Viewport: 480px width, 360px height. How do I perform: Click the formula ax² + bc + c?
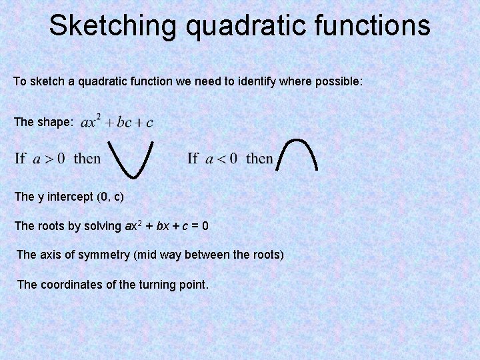[x=117, y=121]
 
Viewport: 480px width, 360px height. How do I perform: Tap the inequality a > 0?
[x=49, y=159]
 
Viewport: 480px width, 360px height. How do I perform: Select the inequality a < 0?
[x=221, y=159]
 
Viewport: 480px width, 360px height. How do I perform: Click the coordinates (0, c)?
[x=110, y=197]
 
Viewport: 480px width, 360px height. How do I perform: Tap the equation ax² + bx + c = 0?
[x=167, y=226]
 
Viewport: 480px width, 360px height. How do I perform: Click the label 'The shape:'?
[x=43, y=122]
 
